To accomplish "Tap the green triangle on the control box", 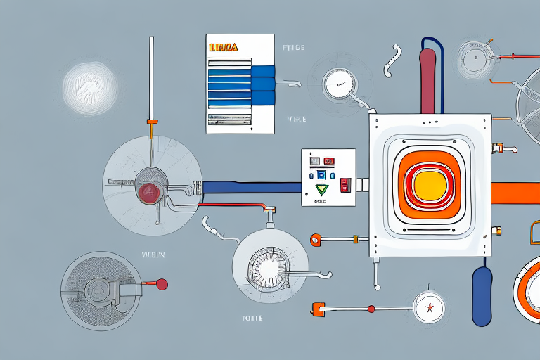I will (323, 189).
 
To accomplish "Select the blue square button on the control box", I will (322, 174).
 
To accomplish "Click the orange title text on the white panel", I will (224, 47).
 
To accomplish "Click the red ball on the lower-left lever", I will (162, 285).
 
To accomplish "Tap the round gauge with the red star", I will (425, 308).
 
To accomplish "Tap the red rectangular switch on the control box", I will (345, 185).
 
